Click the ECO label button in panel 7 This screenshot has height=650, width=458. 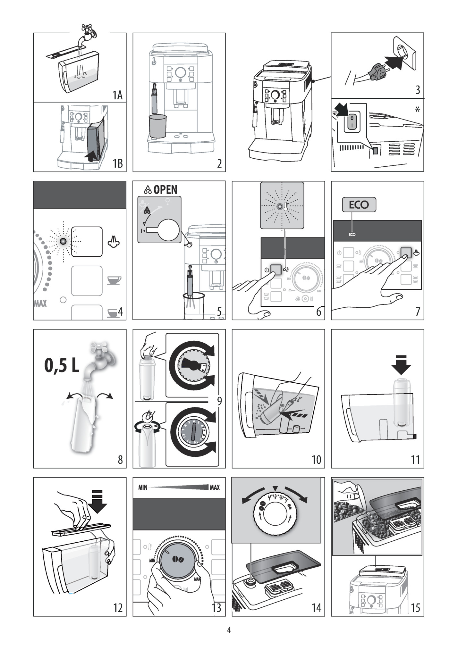359,204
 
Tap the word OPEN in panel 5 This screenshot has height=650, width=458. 165,189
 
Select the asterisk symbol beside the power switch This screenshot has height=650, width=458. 417,110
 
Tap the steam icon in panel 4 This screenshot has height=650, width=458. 114,241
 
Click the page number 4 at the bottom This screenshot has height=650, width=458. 229,630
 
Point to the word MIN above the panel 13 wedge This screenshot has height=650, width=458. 143,488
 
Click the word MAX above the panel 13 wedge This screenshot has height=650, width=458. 215,488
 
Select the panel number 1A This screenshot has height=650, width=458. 117,95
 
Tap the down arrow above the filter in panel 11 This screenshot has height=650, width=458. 401,365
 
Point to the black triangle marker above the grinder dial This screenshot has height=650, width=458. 275,488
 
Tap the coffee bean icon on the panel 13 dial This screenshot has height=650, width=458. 178,559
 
